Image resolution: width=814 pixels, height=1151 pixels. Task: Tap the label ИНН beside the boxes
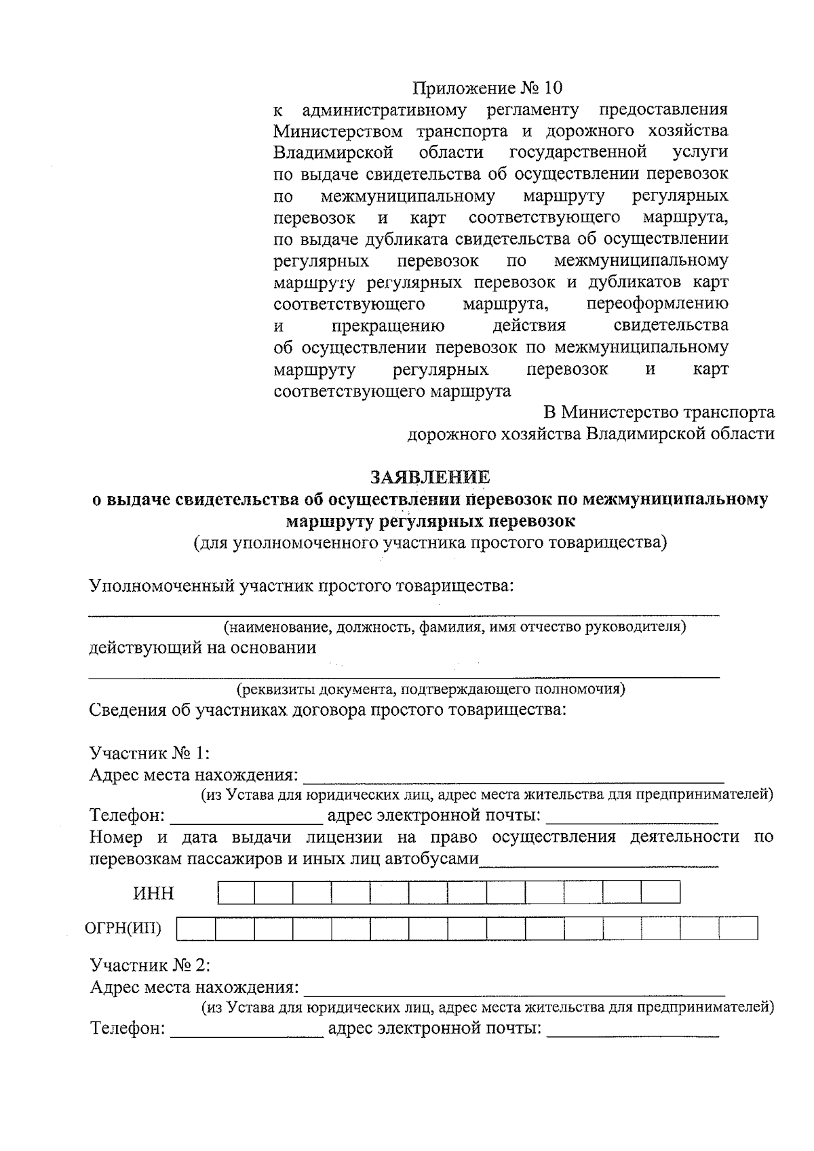pyautogui.click(x=153, y=893)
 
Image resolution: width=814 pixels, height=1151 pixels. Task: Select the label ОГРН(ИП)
pyautogui.click(x=123, y=928)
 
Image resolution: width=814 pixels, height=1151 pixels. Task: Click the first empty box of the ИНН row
pyautogui.click(x=236, y=892)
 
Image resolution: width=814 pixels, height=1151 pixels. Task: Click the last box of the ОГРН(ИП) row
pyautogui.click(x=738, y=928)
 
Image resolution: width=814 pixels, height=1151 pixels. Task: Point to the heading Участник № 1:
pyautogui.click(x=149, y=753)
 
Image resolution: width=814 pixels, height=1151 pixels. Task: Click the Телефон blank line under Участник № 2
pyautogui.click(x=247, y=1030)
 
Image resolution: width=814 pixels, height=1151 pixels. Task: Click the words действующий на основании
pyautogui.click(x=203, y=647)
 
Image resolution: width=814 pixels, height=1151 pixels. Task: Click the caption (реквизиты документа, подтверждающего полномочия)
pyautogui.click(x=430, y=690)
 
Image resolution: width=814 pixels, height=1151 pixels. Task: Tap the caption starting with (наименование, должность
pyautogui.click(x=455, y=627)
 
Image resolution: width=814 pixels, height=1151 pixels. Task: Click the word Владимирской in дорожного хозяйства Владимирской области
pyautogui.click(x=644, y=434)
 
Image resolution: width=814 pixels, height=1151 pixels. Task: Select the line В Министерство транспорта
pyautogui.click(x=658, y=412)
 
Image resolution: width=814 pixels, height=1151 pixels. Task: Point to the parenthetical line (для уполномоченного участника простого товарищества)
pyautogui.click(x=430, y=543)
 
